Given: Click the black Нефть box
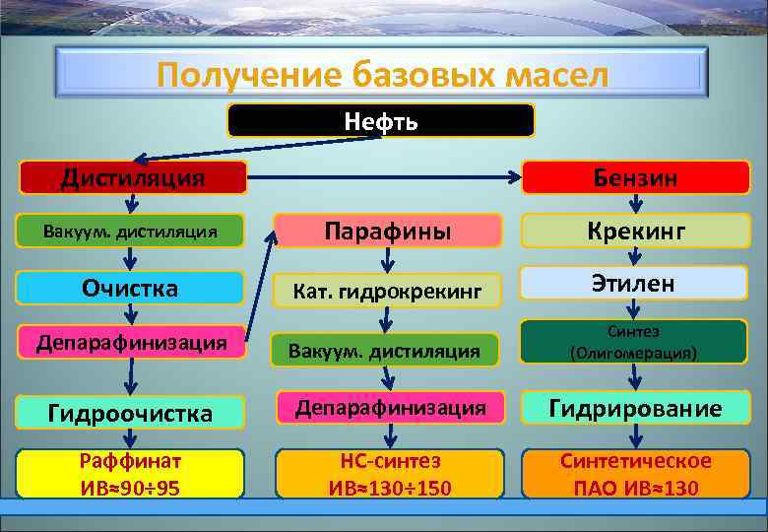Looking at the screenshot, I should click(x=381, y=120).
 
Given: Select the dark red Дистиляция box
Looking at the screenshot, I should click(x=134, y=177).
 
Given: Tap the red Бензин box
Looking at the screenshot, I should click(x=635, y=177).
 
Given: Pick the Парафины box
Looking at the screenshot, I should click(x=387, y=231).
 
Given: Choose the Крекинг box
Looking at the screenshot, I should click(x=635, y=231).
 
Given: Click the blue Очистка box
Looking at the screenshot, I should click(x=130, y=288).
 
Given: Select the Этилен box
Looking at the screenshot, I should click(x=635, y=284).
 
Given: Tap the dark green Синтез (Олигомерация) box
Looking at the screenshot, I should click(x=635, y=342).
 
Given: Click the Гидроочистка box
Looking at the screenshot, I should click(x=130, y=413).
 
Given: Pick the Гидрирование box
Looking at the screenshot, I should click(x=635, y=408).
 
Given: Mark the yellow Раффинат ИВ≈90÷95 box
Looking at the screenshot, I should click(x=130, y=473).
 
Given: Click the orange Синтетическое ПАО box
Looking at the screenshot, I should click(x=635, y=473).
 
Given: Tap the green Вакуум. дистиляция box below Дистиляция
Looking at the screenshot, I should click(x=130, y=232).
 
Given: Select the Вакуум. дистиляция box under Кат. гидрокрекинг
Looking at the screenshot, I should click(x=387, y=349).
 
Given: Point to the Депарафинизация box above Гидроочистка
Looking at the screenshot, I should click(x=130, y=343).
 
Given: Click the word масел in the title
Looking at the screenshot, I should click(x=544, y=75).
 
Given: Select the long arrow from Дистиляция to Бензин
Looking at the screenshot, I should click(x=384, y=178).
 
